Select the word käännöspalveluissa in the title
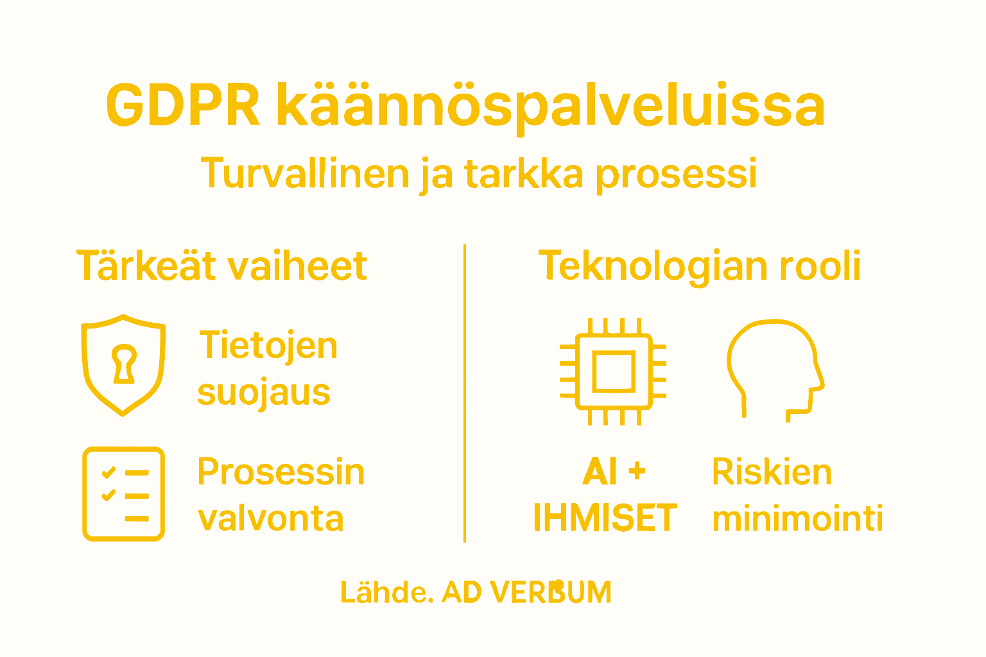pos(551,106)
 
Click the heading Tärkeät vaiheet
pos(222,266)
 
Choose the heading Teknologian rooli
pos(699,266)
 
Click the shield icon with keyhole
pos(123,364)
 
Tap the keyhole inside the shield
pos(124,363)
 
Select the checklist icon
pos(123,493)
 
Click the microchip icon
pos(613,371)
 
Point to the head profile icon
pos(775,369)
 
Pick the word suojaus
pos(264,393)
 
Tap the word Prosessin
pos(281,472)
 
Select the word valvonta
pos(271,518)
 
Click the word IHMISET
pos(605,518)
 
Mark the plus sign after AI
pos(637,472)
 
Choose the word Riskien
pos(772,472)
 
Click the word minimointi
pos(797,518)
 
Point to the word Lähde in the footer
pos(383,592)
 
